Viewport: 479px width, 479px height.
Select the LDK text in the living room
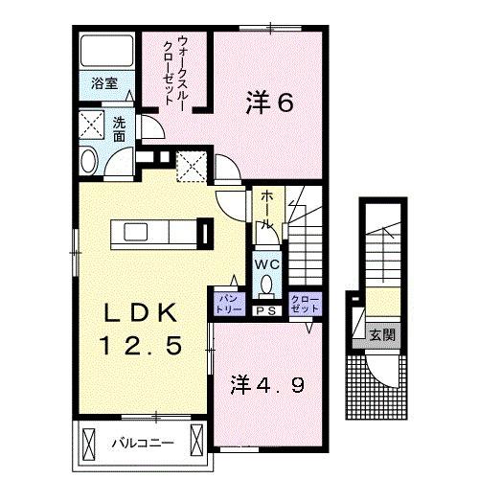coord(140,313)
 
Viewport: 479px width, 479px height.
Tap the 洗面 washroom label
coord(119,129)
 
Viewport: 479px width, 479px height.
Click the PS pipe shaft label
coord(264,310)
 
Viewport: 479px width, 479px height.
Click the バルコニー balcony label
coord(134,444)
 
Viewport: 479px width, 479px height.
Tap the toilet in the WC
coord(265,285)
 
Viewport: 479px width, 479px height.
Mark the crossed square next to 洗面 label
coord(92,125)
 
